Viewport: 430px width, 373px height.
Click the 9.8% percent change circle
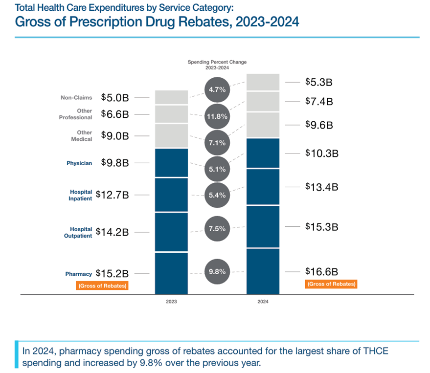click(x=217, y=271)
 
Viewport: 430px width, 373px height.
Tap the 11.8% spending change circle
click(x=217, y=117)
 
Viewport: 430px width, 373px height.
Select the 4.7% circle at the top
click(x=217, y=90)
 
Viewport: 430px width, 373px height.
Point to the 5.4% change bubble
click(x=217, y=195)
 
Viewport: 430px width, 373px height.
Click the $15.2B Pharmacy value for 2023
click(x=112, y=273)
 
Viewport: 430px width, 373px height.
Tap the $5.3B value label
click(x=319, y=82)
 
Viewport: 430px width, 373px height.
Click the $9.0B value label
click(x=115, y=135)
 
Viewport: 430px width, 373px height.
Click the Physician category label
click(x=79, y=163)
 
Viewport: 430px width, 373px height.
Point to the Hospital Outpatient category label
click(x=81, y=232)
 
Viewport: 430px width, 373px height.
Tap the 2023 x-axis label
click(x=171, y=302)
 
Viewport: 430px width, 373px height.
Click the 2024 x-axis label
click(x=263, y=302)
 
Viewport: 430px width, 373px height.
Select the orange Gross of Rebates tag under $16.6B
click(x=331, y=284)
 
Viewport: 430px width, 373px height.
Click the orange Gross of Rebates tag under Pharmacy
click(x=102, y=285)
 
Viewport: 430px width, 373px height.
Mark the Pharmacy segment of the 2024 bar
click(x=263, y=271)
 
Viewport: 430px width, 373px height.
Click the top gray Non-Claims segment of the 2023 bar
click(x=171, y=97)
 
